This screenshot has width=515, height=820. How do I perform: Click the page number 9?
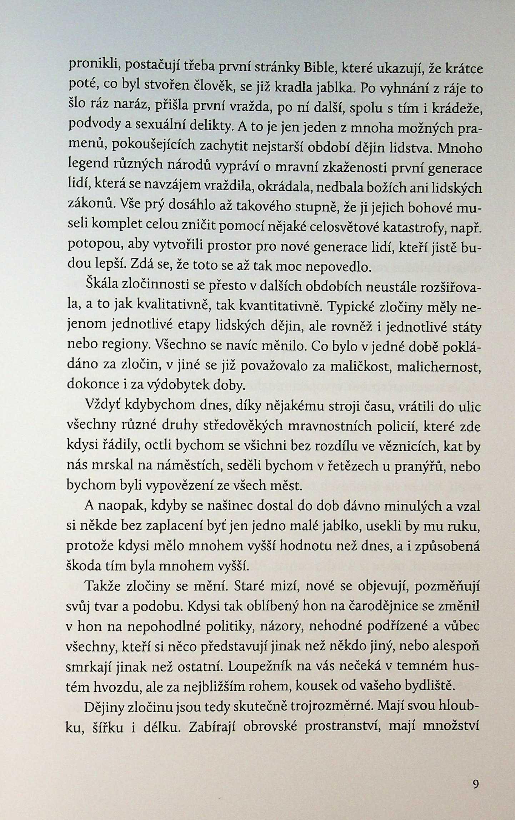click(x=475, y=784)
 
